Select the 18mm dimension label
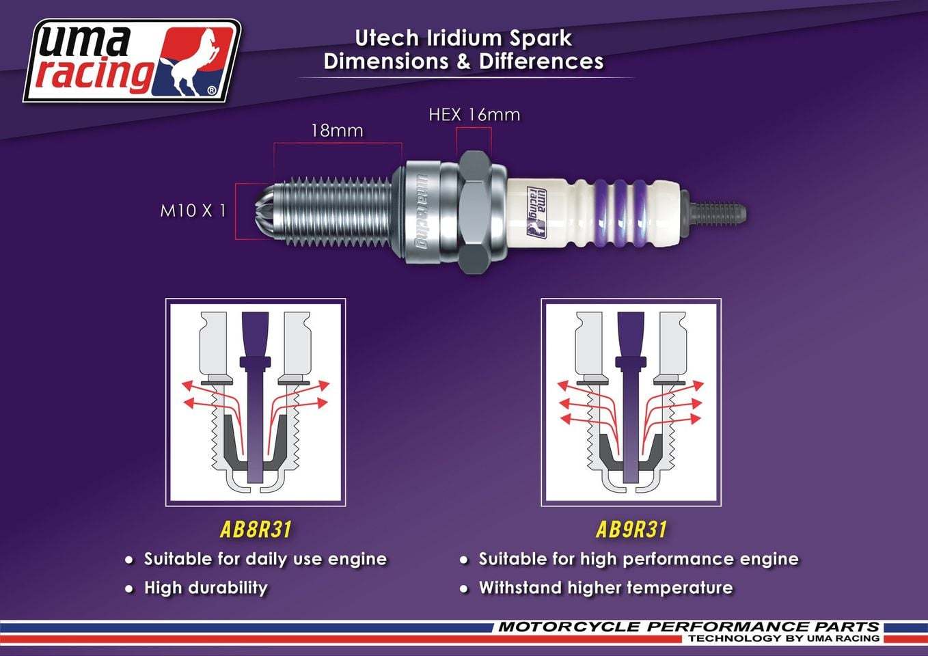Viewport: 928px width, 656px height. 337,131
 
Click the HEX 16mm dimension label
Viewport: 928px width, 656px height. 474,115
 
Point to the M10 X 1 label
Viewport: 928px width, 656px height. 193,210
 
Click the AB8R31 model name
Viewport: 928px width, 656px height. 256,530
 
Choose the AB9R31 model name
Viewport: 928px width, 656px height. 631,530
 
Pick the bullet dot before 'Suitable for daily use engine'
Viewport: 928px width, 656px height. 129,560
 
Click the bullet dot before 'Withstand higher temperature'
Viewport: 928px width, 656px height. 464,589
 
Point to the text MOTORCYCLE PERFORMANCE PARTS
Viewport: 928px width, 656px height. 688,627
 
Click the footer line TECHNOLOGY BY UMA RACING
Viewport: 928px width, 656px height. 783,638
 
